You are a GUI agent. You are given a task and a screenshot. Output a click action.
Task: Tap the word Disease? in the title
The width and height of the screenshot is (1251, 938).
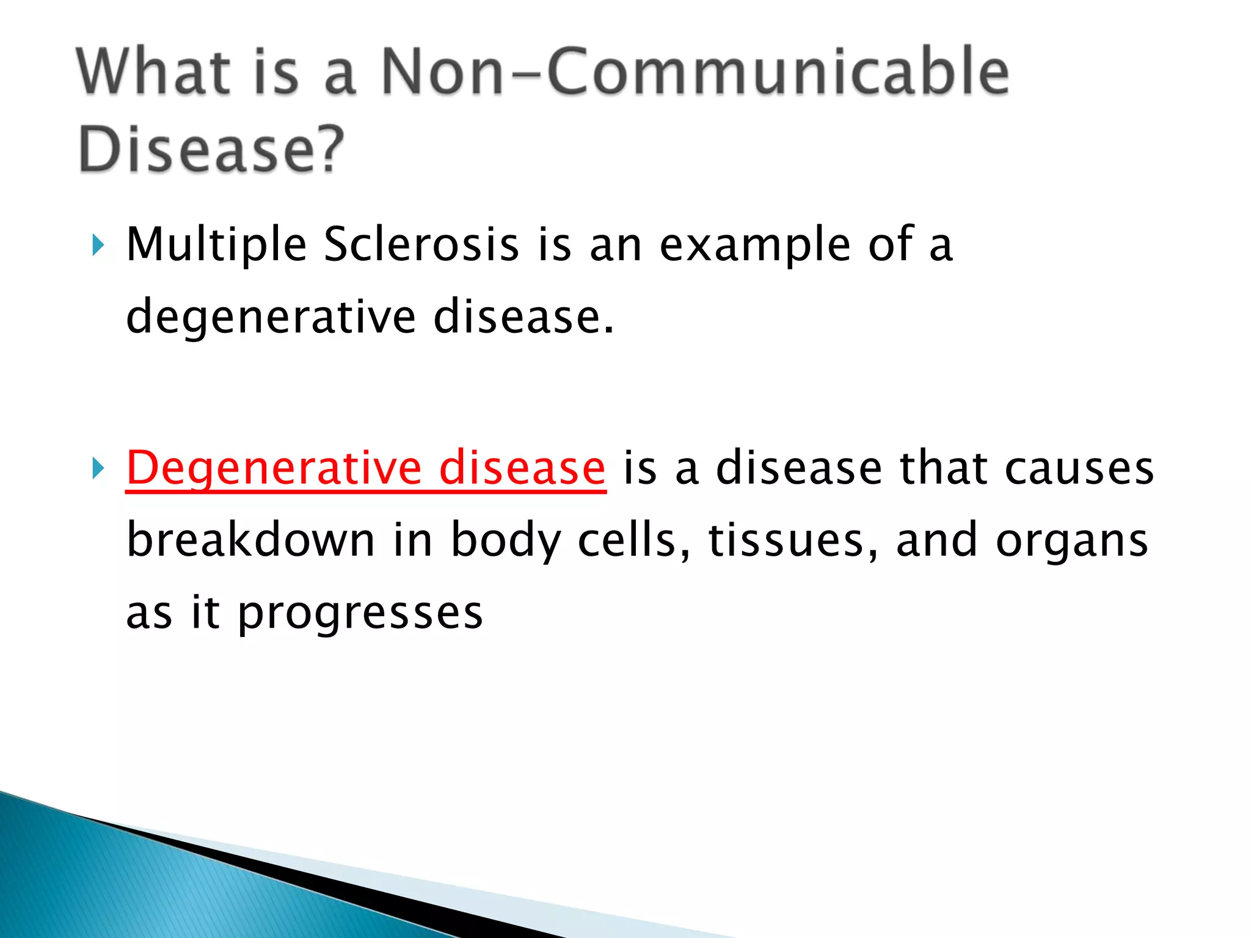(211, 150)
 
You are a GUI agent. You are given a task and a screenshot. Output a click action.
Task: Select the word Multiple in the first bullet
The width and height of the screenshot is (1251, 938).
(216, 245)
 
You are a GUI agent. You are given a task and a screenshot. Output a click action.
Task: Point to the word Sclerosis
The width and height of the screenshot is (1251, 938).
(421, 245)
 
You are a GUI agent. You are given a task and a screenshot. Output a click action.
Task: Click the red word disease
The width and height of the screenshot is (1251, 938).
(522, 468)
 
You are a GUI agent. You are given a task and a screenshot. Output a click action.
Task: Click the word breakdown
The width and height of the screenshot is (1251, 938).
(250, 540)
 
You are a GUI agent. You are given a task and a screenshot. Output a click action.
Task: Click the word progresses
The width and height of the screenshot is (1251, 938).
(360, 614)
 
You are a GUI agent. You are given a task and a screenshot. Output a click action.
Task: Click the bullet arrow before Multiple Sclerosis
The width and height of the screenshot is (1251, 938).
(98, 245)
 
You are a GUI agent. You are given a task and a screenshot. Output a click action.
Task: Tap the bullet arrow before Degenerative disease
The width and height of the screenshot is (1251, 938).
(98, 469)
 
